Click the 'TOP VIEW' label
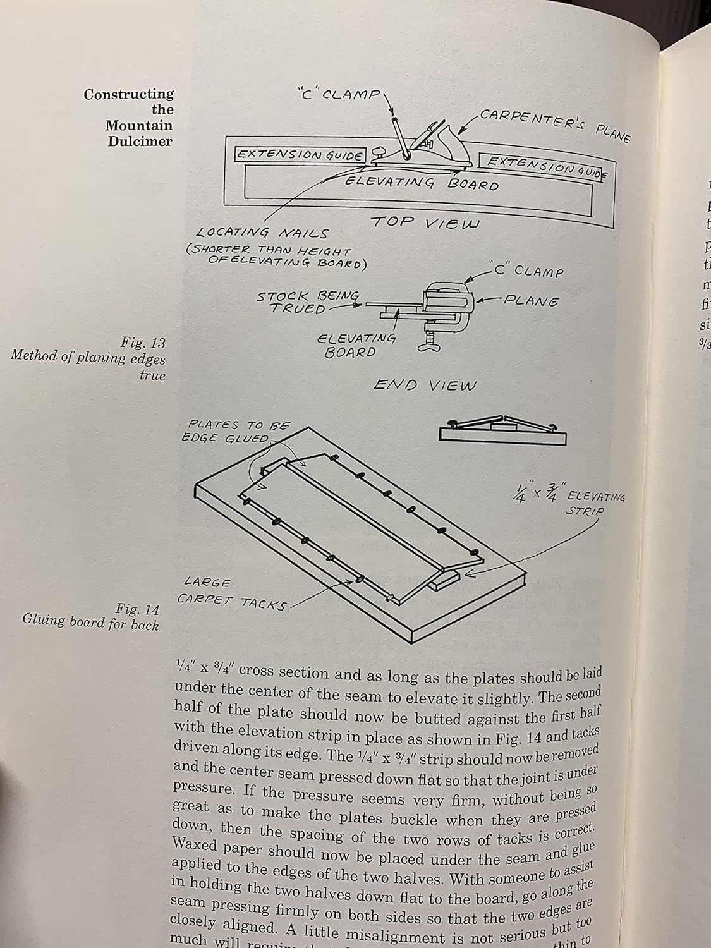point(424,222)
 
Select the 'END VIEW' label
point(424,385)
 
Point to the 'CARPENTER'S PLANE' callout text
point(553,126)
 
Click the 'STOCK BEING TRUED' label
point(308,301)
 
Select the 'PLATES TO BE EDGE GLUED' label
point(239,432)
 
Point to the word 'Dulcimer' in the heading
point(140,142)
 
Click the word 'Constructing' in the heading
point(129,95)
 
